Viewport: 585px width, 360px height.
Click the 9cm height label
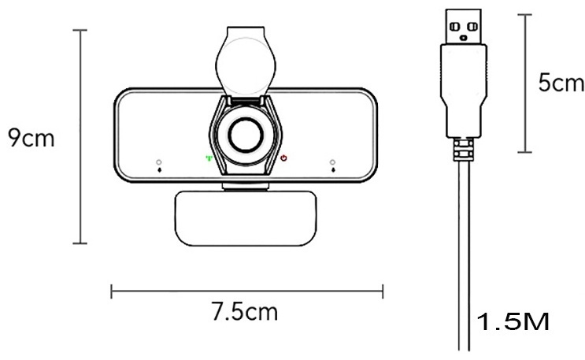31,138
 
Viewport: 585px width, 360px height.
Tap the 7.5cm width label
245,311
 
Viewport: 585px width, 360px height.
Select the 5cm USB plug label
561,83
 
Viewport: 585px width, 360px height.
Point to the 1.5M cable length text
513,321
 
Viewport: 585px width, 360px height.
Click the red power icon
284,158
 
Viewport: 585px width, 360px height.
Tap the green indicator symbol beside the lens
209,158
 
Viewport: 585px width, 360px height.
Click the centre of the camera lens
246,135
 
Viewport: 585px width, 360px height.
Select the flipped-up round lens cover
246,61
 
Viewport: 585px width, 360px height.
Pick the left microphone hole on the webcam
159,162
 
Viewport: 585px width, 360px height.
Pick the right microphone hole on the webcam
332,162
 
